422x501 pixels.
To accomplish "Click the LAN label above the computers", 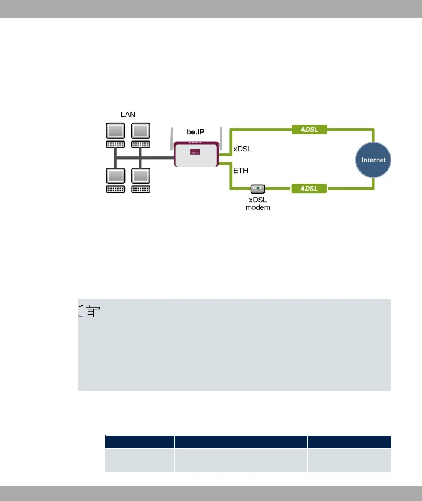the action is click(x=128, y=114).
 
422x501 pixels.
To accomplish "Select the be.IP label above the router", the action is click(x=195, y=132).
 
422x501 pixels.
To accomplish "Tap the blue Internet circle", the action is click(x=373, y=160).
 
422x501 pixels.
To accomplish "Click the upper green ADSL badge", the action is click(x=309, y=129).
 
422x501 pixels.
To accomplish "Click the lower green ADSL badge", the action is click(x=309, y=189).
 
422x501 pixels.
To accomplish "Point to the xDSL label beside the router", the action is click(x=243, y=149).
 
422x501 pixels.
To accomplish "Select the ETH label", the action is click(x=241, y=171).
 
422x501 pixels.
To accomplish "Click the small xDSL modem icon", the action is click(x=258, y=189).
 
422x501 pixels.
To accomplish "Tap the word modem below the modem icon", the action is click(x=258, y=207).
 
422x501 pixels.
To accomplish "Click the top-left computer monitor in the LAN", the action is click(x=115, y=131).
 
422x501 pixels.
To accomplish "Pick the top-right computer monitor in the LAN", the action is click(x=141, y=131).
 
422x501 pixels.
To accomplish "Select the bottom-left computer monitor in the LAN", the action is click(x=115, y=176).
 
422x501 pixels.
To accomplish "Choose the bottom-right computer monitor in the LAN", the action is click(x=141, y=176).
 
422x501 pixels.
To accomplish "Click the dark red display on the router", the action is click(x=195, y=152).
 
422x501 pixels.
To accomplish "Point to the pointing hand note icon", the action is click(x=89, y=311).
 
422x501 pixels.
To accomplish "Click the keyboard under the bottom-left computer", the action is click(x=115, y=189).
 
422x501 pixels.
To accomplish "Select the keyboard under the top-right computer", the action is click(x=141, y=144).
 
